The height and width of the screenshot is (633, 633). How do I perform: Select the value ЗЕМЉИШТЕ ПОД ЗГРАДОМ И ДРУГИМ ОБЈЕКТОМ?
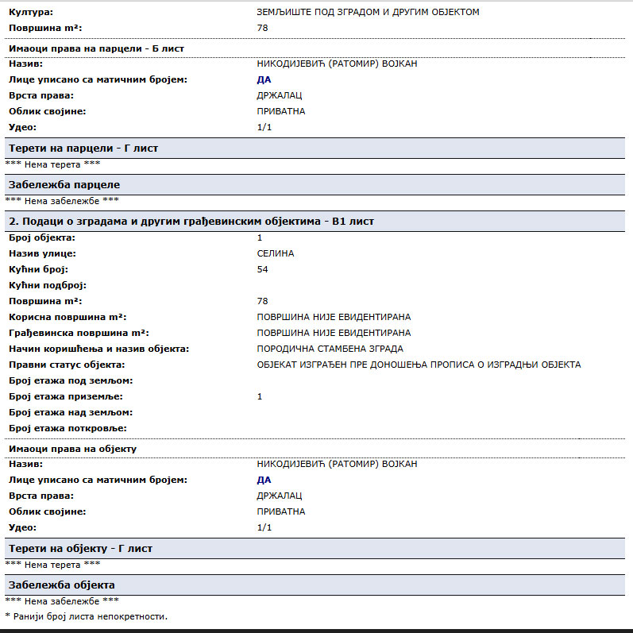point(369,12)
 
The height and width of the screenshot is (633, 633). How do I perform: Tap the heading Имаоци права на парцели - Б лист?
point(96,48)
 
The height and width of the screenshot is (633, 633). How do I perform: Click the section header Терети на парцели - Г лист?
point(83,149)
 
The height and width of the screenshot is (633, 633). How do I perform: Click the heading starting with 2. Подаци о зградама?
point(191,221)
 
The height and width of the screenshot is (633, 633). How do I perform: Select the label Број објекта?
point(41,237)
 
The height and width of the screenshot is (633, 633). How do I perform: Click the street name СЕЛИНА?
point(276,253)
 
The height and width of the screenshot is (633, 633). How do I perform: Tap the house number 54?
point(263,269)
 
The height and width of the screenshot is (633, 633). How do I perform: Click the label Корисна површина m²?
point(68,317)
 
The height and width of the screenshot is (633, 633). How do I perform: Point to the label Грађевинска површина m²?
point(79,333)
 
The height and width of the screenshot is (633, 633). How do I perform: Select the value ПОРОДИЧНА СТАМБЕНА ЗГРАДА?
point(330,349)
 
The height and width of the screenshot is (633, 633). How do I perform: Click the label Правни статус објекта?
point(67,365)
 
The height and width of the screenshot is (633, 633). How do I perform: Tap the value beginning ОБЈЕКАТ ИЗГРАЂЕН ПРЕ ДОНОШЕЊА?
point(419,365)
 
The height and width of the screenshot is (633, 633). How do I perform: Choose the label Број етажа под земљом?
point(71,380)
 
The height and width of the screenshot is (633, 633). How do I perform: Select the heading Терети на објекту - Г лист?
point(80,549)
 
